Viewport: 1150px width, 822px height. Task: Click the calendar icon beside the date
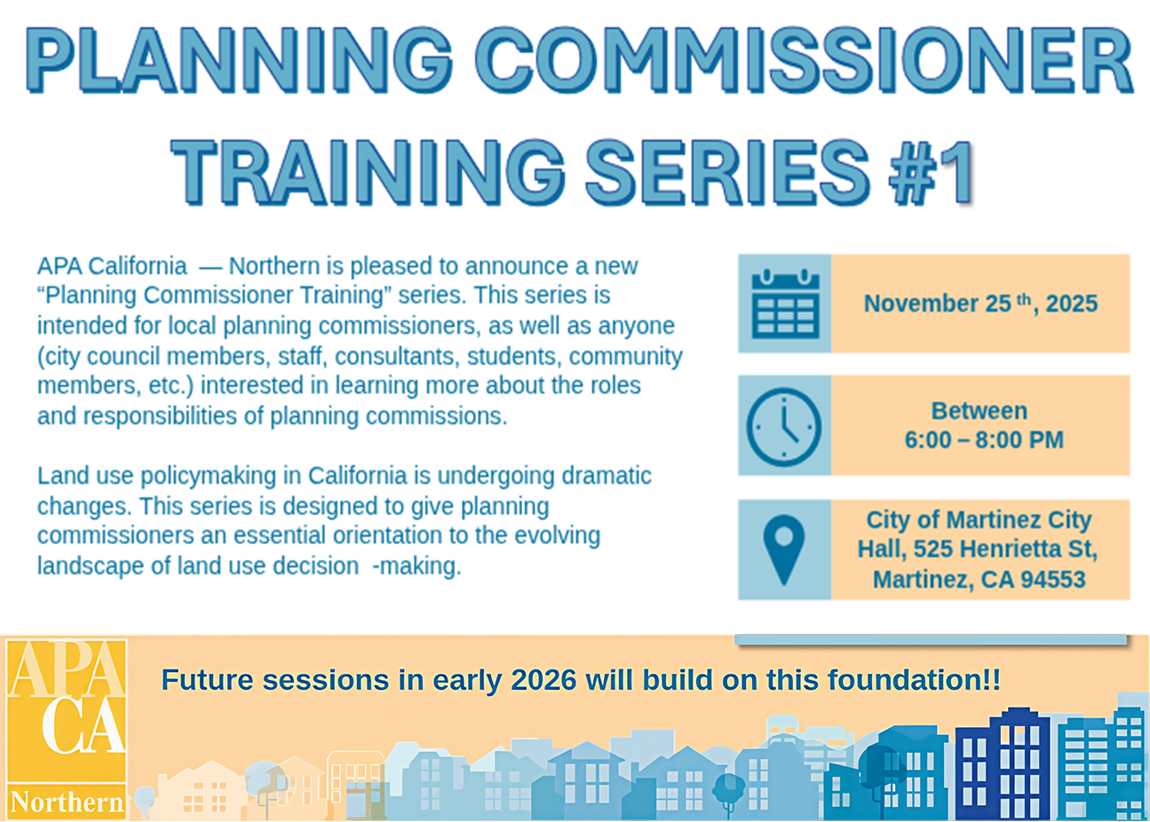[785, 304]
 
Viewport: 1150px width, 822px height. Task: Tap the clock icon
[784, 426]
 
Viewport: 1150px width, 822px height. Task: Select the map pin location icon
[783, 549]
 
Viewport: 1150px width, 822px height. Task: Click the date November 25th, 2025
[980, 304]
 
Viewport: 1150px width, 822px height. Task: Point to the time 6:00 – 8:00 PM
[983, 440]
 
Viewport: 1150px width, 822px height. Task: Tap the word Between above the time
[979, 411]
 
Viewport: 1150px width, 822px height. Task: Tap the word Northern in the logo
[67, 802]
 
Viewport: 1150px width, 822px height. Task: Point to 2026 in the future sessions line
[543, 681]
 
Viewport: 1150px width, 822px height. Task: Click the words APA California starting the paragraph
[112, 266]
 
